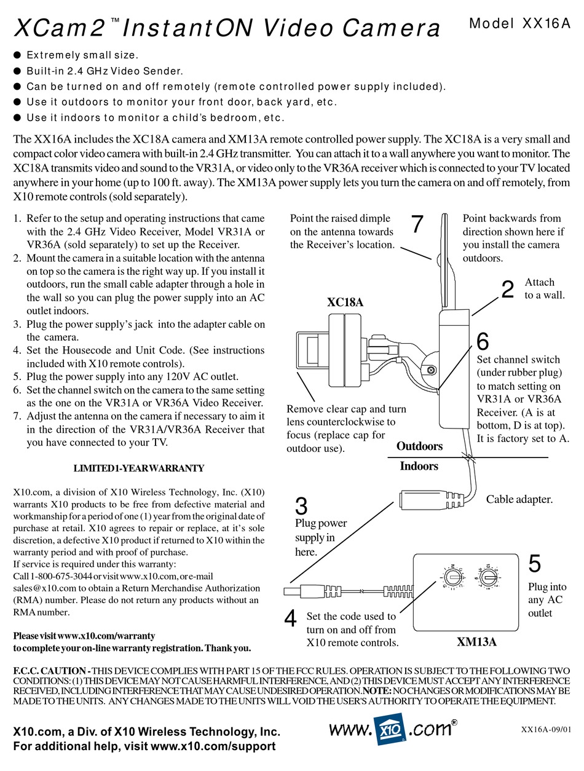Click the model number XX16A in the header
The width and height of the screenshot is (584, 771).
click(544, 23)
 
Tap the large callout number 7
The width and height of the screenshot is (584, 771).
click(417, 224)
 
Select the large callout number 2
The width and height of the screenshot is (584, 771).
click(507, 290)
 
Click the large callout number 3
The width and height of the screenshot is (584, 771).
click(301, 507)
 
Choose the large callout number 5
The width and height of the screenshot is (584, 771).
click(535, 564)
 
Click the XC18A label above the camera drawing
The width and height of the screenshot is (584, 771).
click(345, 302)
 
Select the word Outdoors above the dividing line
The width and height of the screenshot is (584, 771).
click(420, 446)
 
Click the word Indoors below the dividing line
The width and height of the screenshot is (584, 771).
click(419, 466)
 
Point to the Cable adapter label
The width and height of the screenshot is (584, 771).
click(519, 499)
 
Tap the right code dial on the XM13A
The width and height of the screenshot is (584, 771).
click(490, 577)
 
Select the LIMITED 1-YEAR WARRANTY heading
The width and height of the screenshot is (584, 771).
click(139, 469)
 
